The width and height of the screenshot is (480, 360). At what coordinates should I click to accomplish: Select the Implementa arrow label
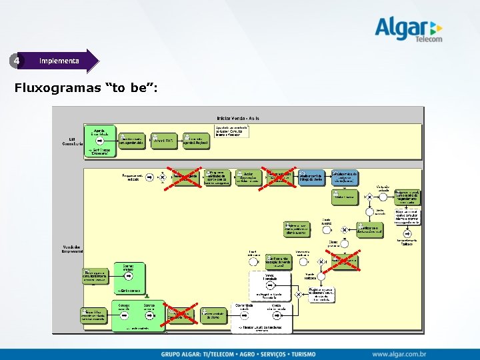point(60,61)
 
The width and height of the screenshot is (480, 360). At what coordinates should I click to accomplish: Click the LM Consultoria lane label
point(73,141)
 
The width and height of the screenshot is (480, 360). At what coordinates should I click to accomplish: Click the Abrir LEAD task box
point(164,140)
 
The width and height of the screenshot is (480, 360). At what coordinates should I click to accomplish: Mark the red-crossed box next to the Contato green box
point(181,313)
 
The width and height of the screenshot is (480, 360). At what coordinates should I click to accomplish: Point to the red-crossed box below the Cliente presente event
point(345,259)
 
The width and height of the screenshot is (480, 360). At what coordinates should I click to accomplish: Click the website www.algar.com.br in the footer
point(399,353)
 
